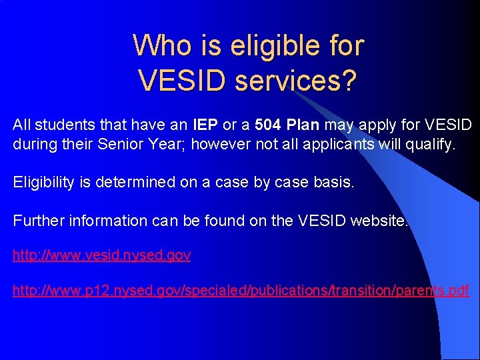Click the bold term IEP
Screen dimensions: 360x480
204,125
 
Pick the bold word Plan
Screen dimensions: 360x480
304,125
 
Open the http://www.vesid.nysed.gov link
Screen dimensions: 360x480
102,255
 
